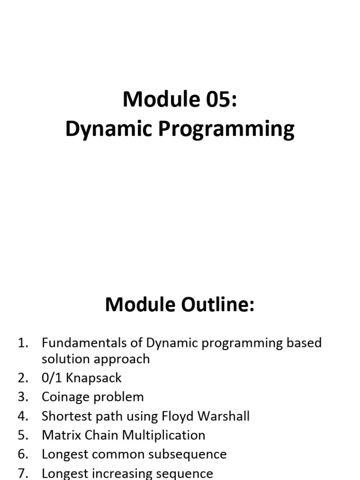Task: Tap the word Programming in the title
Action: (226, 129)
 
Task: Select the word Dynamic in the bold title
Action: (109, 129)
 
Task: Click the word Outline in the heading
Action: (217, 305)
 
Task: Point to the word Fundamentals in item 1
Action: (84, 343)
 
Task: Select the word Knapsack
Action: (94, 378)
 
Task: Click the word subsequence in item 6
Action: (187, 454)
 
